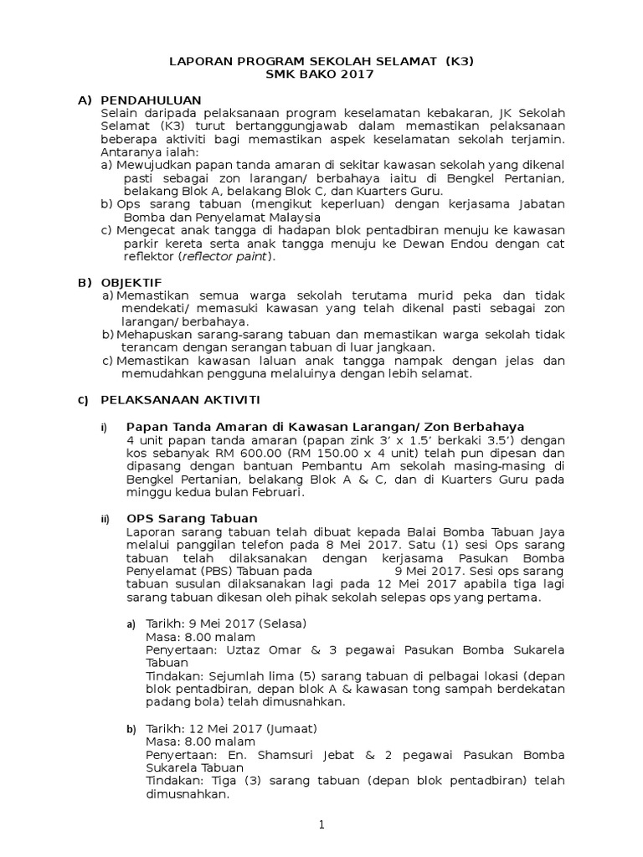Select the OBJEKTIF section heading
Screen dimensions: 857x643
[x=131, y=282]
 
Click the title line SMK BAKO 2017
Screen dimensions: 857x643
[x=321, y=74]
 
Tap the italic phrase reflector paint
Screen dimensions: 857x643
[x=229, y=257]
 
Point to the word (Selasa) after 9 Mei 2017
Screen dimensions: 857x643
[x=282, y=624]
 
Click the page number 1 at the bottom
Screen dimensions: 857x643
[x=321, y=825]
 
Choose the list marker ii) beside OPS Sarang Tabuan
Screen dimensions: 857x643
[x=105, y=519]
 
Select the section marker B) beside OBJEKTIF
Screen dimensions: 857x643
[x=84, y=282]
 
